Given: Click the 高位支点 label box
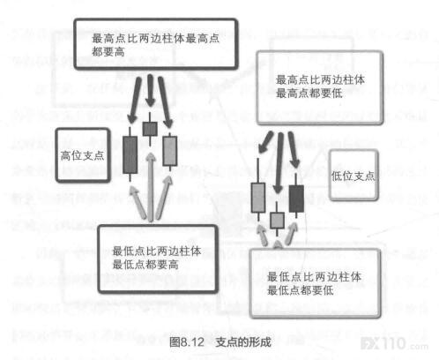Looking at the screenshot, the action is point(83,155).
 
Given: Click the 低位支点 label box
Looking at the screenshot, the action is point(353,176).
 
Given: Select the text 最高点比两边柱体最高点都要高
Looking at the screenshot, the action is point(155,45).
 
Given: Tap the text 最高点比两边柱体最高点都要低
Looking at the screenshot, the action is point(320,86).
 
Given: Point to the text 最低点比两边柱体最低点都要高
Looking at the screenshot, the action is point(157,258).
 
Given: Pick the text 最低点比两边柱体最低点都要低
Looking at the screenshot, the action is point(314,283).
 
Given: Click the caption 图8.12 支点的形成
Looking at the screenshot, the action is point(220,342).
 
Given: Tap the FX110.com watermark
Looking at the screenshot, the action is point(394,344).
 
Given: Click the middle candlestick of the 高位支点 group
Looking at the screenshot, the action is point(150,129).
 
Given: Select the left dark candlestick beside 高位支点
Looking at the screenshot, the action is point(130,154).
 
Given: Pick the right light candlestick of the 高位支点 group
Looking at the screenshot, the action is point(170,151).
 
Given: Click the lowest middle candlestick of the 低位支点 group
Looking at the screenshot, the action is point(277,220).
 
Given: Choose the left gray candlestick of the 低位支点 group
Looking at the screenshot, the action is point(258,197).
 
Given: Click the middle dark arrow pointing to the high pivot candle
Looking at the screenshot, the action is point(150,90).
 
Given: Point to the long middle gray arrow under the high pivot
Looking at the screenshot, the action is point(151,187).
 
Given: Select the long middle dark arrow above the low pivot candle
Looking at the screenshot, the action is point(279,163).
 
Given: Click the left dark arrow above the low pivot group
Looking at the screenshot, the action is point(265,142).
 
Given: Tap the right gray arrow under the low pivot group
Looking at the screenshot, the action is point(290,233).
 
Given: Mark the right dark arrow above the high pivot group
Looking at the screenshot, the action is point(165,102).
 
